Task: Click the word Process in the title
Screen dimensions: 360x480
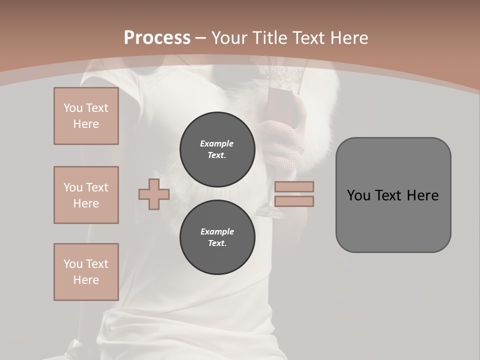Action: pyautogui.click(x=157, y=38)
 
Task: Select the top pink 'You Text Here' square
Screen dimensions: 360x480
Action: pyautogui.click(x=86, y=116)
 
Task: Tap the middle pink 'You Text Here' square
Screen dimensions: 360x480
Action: pyautogui.click(x=86, y=195)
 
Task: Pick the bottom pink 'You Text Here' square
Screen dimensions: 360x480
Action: pyautogui.click(x=86, y=272)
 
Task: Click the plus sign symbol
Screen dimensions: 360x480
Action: pyautogui.click(x=154, y=194)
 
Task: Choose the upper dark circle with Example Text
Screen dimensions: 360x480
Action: pyautogui.click(x=217, y=149)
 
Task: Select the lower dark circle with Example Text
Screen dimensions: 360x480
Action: pyautogui.click(x=217, y=237)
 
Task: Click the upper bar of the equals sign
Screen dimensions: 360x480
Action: pyautogui.click(x=294, y=187)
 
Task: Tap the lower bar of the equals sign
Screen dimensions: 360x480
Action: pyautogui.click(x=294, y=201)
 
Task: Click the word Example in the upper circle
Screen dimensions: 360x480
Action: pyautogui.click(x=216, y=143)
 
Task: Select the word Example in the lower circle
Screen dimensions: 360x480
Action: pyautogui.click(x=217, y=231)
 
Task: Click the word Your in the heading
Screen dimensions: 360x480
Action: pyautogui.click(x=228, y=38)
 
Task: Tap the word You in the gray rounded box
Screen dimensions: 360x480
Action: pyautogui.click(x=358, y=195)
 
